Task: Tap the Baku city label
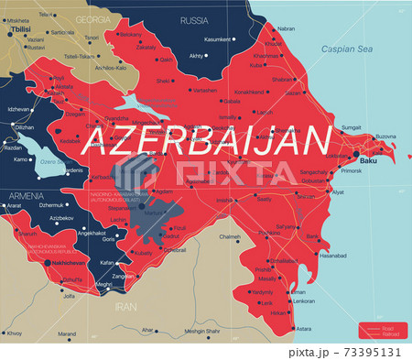(x=368, y=161)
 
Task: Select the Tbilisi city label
(x=19, y=28)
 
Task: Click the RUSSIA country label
(x=193, y=19)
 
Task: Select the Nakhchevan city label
(x=65, y=263)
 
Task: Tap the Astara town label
(x=304, y=328)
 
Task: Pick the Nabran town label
(x=286, y=27)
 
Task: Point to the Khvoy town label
(x=14, y=333)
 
